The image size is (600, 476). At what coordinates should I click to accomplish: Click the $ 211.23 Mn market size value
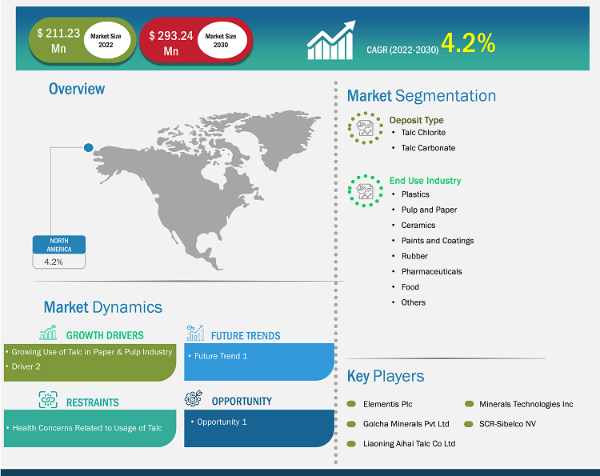(58, 41)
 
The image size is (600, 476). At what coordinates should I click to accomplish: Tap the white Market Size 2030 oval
(221, 40)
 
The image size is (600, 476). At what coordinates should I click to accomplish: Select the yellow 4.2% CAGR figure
(468, 42)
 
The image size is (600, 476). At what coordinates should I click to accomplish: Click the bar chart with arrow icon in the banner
(331, 40)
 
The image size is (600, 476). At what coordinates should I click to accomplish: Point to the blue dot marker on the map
(88, 147)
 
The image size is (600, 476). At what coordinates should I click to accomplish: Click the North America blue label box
(59, 245)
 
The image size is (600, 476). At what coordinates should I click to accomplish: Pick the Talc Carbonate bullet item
(428, 148)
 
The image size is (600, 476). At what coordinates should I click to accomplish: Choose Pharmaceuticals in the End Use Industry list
(432, 272)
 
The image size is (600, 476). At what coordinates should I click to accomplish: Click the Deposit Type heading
(416, 120)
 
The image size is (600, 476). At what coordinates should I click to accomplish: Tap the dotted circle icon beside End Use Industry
(365, 191)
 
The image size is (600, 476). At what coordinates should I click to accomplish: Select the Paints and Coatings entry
(438, 241)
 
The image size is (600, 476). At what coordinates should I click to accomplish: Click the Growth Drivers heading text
(105, 335)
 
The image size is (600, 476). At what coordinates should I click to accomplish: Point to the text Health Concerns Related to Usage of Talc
(87, 428)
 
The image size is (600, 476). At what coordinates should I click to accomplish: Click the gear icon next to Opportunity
(194, 398)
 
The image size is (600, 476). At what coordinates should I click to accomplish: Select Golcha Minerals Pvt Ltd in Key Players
(406, 424)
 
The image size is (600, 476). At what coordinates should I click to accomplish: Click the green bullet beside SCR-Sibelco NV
(469, 424)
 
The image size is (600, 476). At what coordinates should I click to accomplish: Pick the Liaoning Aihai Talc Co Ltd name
(409, 444)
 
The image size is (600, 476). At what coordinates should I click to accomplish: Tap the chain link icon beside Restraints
(48, 400)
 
